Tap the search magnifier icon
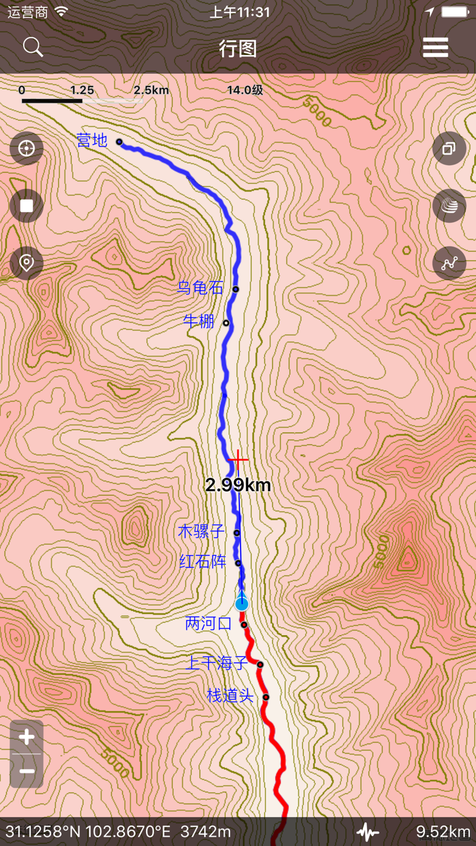(x=32, y=48)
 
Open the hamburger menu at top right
(x=436, y=48)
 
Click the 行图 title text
(x=238, y=48)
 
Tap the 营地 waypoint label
(x=92, y=140)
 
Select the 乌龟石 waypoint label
(x=200, y=288)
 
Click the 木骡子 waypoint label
(x=202, y=531)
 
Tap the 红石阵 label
(x=203, y=562)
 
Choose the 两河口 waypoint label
(x=208, y=623)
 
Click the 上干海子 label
(x=216, y=663)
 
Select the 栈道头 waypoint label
(x=230, y=695)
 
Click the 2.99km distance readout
(x=238, y=486)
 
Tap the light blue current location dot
(x=242, y=603)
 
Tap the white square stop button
(x=26, y=206)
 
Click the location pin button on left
(x=26, y=263)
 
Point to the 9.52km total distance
(x=443, y=831)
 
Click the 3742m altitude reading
(x=206, y=831)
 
